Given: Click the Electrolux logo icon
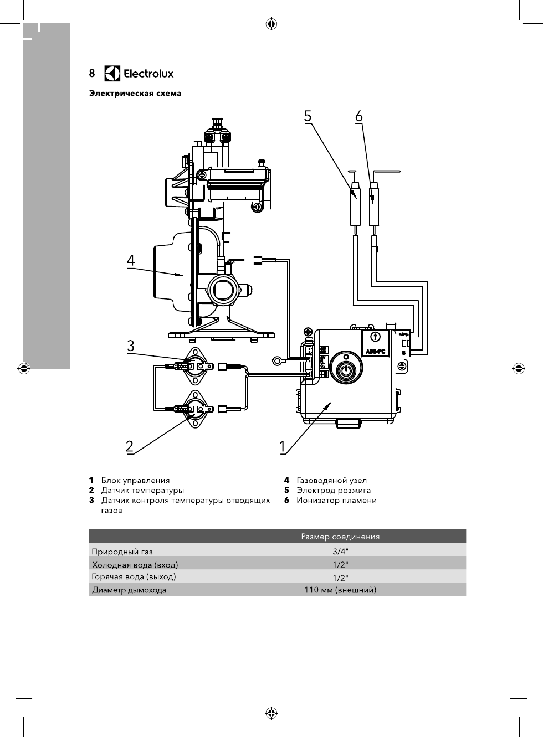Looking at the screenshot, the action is (112, 74).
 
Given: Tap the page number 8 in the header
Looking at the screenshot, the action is (92, 74).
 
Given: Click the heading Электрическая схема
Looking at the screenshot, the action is (135, 94).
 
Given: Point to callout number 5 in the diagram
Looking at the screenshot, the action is (308, 116).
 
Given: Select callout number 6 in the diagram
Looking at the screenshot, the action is (359, 116).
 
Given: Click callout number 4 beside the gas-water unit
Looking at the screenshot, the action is (131, 260).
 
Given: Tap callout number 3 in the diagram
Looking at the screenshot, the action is (131, 346).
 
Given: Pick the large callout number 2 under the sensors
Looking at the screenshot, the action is (130, 446).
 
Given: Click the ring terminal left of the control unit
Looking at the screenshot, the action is (276, 361).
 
